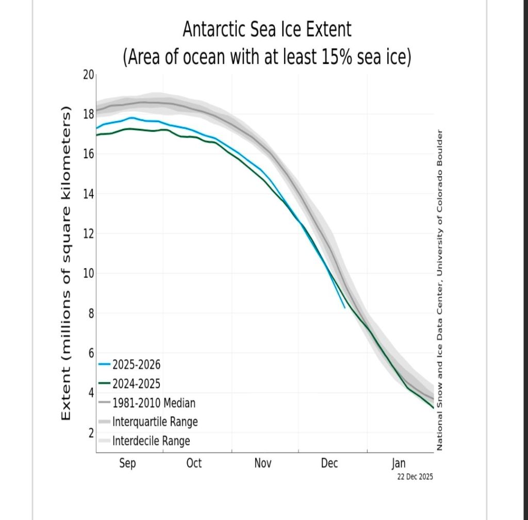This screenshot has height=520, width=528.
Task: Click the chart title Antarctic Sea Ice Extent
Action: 267,30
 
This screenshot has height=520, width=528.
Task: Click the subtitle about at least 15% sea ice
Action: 267,57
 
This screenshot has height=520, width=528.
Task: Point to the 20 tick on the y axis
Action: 89,75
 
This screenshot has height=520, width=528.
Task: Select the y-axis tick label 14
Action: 89,194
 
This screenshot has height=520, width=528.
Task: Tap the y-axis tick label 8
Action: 90,314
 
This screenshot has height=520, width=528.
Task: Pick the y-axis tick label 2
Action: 90,433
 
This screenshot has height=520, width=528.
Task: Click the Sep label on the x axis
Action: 127,463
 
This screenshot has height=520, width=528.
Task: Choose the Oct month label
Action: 194,463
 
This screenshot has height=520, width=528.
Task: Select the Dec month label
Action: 329,463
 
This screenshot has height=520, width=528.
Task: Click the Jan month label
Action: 399,463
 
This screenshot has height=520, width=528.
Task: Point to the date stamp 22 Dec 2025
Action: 415,477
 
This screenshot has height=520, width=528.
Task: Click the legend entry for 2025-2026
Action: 136,365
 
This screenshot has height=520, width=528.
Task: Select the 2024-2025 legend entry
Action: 136,384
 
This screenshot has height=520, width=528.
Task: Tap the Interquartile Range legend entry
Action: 155,422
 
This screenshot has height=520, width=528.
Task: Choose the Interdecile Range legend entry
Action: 151,441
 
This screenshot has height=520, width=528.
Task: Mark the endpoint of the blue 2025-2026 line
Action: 345,308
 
